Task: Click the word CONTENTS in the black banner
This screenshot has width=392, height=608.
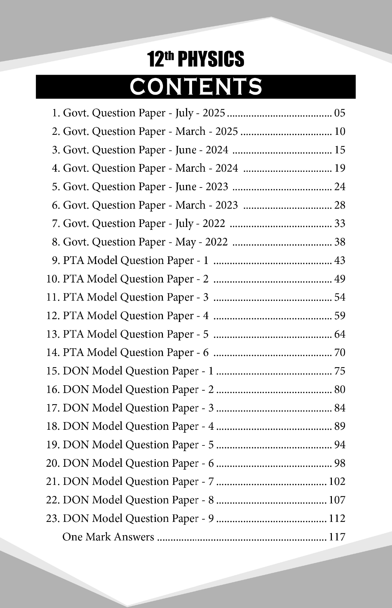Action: (196, 86)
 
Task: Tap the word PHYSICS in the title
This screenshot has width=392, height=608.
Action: (211, 59)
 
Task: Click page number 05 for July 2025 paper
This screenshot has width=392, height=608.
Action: (340, 113)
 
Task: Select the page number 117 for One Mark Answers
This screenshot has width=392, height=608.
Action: (337, 536)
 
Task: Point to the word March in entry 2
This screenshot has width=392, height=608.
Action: (190, 132)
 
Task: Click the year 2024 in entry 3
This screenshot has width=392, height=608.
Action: (217, 150)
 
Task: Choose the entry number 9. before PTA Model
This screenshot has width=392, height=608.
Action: (56, 261)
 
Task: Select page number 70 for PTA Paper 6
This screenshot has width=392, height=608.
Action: (340, 353)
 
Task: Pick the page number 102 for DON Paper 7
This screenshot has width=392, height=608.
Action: (337, 481)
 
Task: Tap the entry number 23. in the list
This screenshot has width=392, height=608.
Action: (53, 518)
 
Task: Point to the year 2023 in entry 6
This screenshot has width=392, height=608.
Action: (226, 205)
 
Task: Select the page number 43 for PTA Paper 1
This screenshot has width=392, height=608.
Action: (340, 261)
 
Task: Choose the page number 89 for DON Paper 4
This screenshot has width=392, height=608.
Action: (340, 426)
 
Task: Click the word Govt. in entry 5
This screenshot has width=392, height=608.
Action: (76, 187)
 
